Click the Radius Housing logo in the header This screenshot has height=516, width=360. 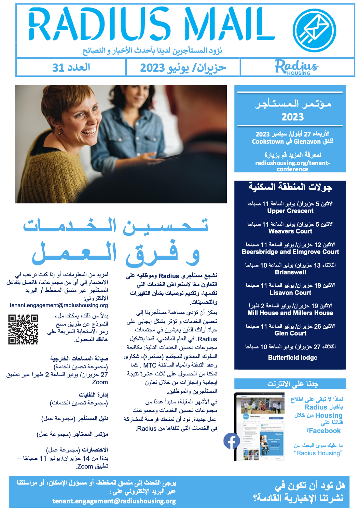[x=296, y=67]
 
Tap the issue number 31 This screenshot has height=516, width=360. [x=58, y=68]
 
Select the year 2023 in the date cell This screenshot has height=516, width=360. [x=152, y=68]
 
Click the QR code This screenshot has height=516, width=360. [x=23, y=329]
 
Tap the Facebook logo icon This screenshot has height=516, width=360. [x=232, y=441]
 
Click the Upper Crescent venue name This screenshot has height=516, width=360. [x=290, y=211]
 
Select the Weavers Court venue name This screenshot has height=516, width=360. [x=290, y=231]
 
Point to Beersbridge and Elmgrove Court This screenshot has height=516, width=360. [x=290, y=252]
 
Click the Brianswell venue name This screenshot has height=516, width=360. [x=290, y=272]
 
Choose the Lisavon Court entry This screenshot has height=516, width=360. [x=290, y=293]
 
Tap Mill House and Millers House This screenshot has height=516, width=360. [x=290, y=313]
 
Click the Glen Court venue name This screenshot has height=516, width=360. [x=290, y=333]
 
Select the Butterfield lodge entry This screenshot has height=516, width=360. [x=293, y=358]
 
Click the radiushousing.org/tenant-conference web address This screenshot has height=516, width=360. [x=293, y=166]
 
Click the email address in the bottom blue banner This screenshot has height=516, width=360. [x=114, y=501]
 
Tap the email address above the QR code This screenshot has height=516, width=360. [x=59, y=305]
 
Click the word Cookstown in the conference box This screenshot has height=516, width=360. [x=268, y=142]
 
